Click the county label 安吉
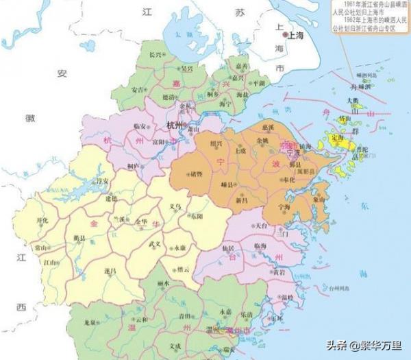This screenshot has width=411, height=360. click(137, 90)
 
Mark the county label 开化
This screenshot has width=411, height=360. click(42, 221)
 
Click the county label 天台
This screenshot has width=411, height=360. click(261, 224)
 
